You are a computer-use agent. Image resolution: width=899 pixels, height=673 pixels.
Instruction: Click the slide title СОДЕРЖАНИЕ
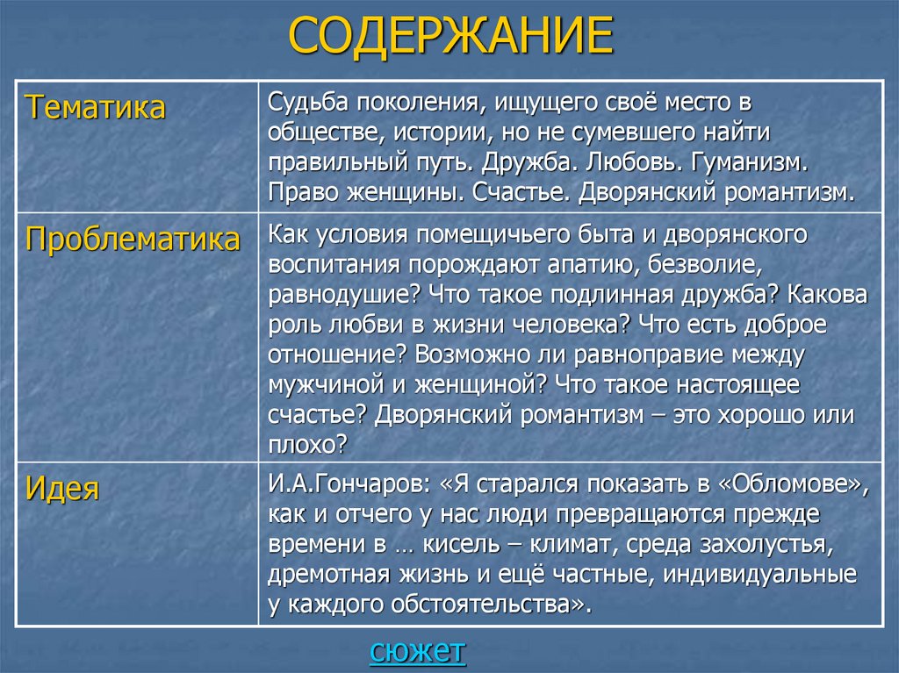coord(450,37)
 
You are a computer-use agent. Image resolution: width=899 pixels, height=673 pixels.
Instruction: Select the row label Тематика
coord(95,109)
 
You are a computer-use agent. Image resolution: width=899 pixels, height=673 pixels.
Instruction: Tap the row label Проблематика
coord(133,240)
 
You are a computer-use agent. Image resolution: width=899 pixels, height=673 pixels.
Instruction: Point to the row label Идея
coord(62,488)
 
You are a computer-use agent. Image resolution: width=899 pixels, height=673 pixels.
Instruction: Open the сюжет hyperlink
coord(418,652)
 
